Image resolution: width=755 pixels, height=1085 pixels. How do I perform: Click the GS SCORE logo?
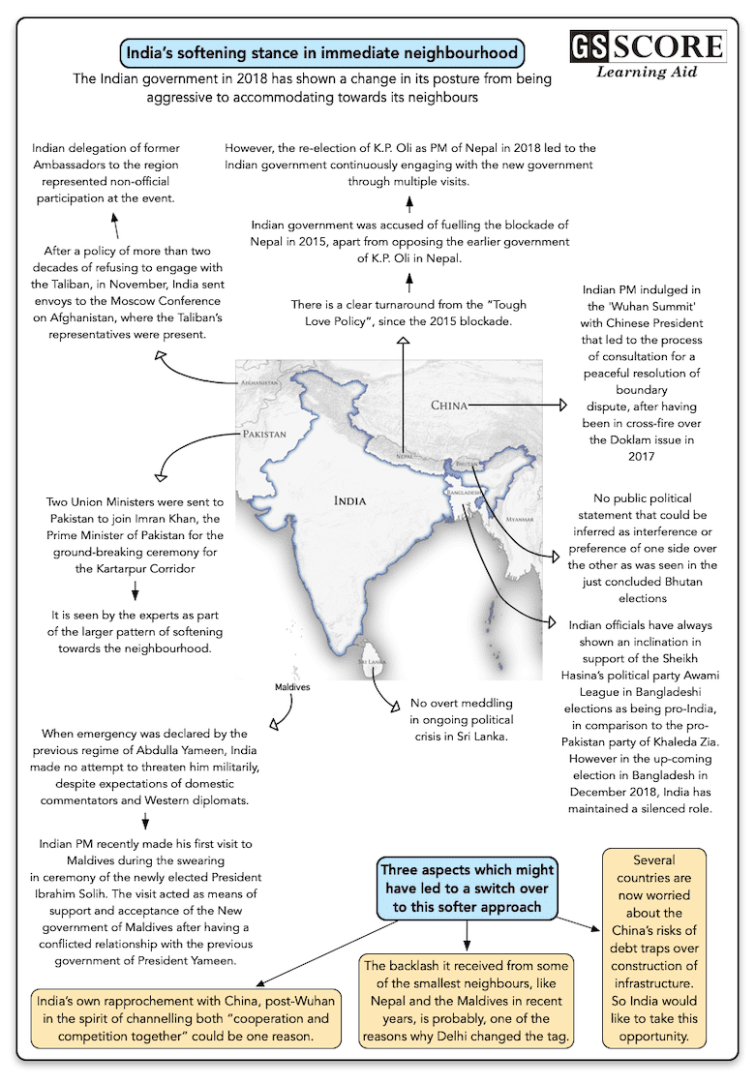point(647,46)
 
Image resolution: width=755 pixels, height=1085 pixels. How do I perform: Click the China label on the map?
point(449,405)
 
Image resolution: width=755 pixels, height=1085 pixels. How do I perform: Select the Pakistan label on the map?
point(264,435)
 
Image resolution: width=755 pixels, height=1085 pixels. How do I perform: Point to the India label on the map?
point(349,500)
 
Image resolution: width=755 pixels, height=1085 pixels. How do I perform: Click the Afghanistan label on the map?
point(257,382)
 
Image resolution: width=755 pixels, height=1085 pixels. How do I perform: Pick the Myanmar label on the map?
point(520,520)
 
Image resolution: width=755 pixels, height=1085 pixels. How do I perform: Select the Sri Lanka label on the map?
point(372,661)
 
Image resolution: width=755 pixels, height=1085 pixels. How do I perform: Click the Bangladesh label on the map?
point(466,493)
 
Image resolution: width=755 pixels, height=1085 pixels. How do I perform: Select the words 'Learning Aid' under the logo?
point(647,73)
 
